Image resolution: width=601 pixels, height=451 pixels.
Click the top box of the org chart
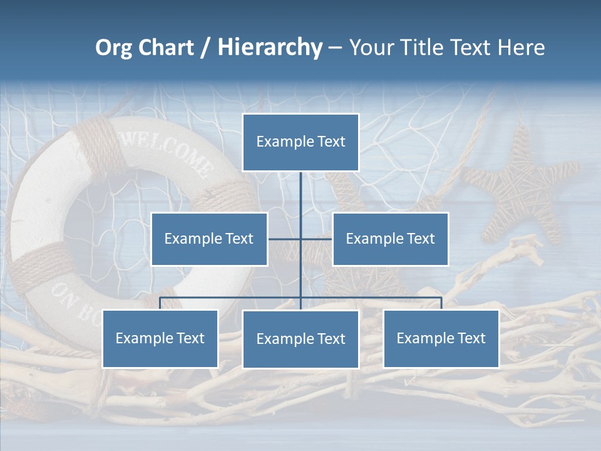(300, 142)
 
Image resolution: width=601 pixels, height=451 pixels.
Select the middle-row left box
(209, 239)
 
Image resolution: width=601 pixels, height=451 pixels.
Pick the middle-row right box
(390, 239)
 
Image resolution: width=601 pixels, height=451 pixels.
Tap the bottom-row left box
(160, 338)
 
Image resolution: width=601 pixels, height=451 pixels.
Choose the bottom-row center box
(300, 339)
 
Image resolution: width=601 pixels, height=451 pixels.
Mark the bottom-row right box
(441, 338)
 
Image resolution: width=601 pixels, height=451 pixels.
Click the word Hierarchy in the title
(270, 48)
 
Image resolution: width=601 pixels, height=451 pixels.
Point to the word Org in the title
(113, 48)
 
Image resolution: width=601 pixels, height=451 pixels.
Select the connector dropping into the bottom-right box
(441, 303)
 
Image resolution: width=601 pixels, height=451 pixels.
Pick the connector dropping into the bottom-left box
(160, 303)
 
